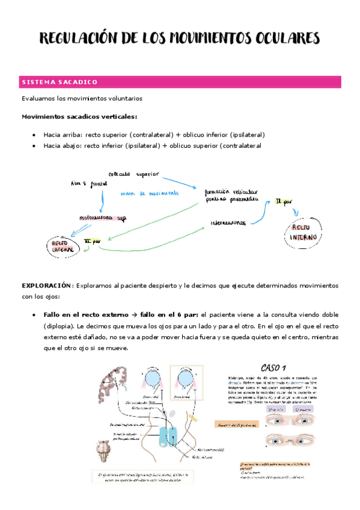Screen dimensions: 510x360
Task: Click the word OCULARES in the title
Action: pos(281,39)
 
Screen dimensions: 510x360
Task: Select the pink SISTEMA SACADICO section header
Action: pos(59,82)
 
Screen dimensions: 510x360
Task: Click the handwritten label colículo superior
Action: pos(135,174)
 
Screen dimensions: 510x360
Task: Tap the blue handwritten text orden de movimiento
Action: pos(146,193)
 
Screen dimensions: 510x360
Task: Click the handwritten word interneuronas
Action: pos(228,223)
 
